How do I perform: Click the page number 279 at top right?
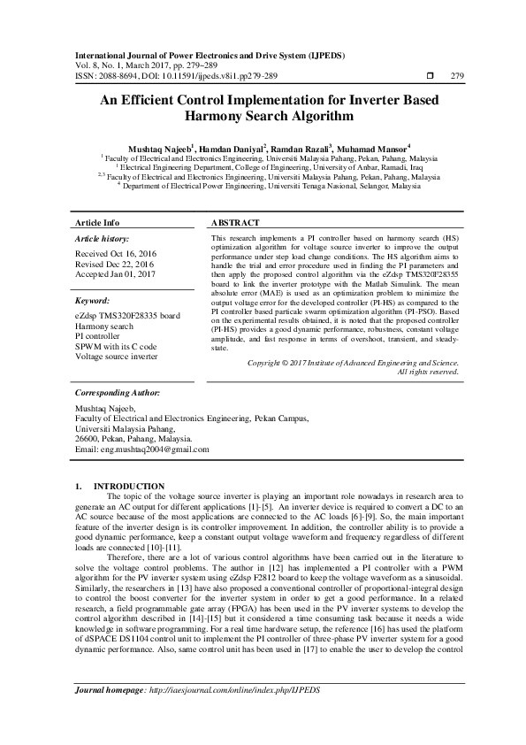457,75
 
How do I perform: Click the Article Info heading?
97,223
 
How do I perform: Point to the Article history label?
102,240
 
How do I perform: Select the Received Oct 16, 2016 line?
116,254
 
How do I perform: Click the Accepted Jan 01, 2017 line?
115,273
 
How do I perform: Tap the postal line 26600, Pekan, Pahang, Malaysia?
133,438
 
